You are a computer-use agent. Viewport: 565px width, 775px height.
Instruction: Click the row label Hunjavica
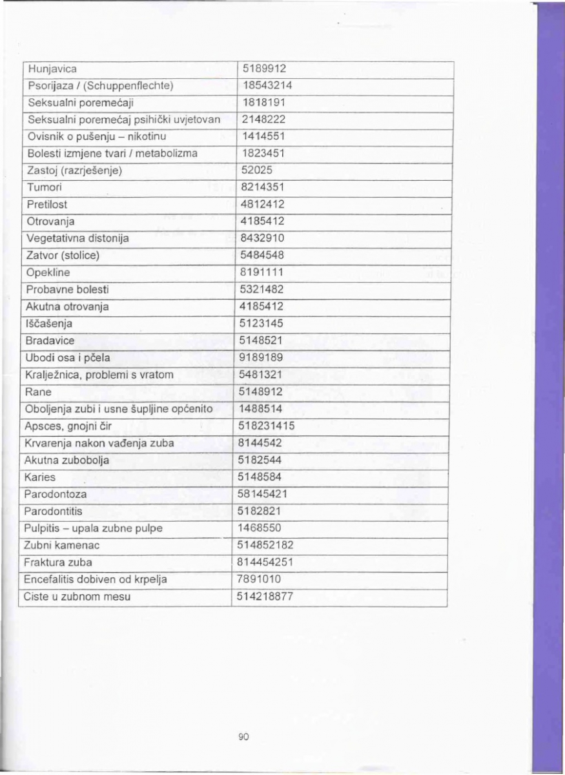[x=52, y=68]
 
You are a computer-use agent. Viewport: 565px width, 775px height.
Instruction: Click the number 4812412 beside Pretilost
[x=263, y=204]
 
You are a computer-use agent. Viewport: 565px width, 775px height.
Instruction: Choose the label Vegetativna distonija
[x=77, y=238]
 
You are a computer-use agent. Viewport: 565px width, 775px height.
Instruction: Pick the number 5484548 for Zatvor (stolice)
[x=263, y=255]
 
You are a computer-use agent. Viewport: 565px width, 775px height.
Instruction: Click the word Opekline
[x=47, y=272]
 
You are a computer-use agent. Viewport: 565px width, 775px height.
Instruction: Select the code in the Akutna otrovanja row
[x=263, y=306]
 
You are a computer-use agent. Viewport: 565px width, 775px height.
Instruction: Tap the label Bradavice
[x=50, y=340]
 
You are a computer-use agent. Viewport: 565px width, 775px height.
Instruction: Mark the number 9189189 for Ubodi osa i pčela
[x=263, y=357]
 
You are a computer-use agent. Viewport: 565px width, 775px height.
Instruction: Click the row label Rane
[x=38, y=391]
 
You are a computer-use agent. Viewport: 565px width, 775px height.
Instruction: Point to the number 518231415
[x=267, y=426]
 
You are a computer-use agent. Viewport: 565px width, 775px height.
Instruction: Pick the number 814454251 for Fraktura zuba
[x=267, y=563]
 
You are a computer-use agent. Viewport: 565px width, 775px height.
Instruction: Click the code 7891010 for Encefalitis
[x=263, y=579]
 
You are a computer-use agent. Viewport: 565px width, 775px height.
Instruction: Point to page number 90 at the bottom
[x=243, y=736]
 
